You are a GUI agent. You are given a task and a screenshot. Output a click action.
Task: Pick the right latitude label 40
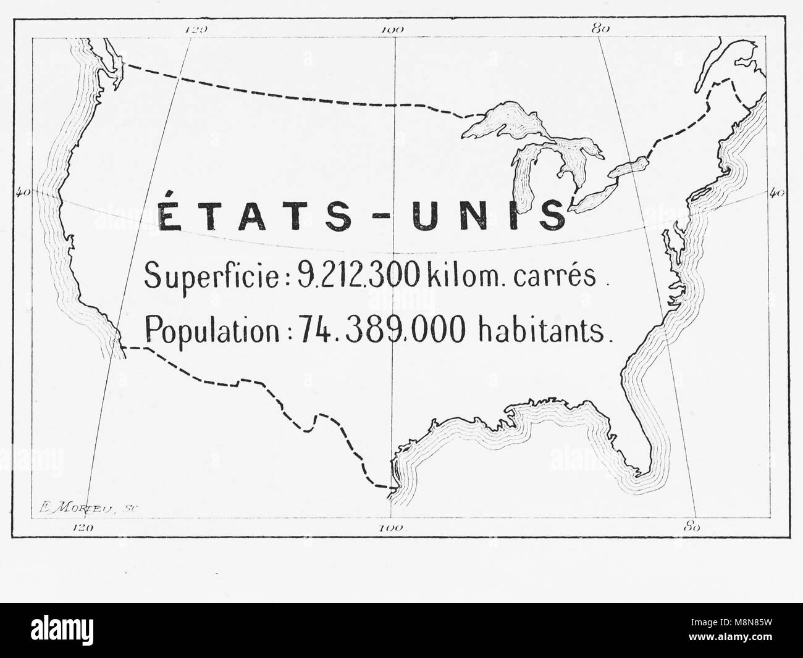click(x=777, y=193)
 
